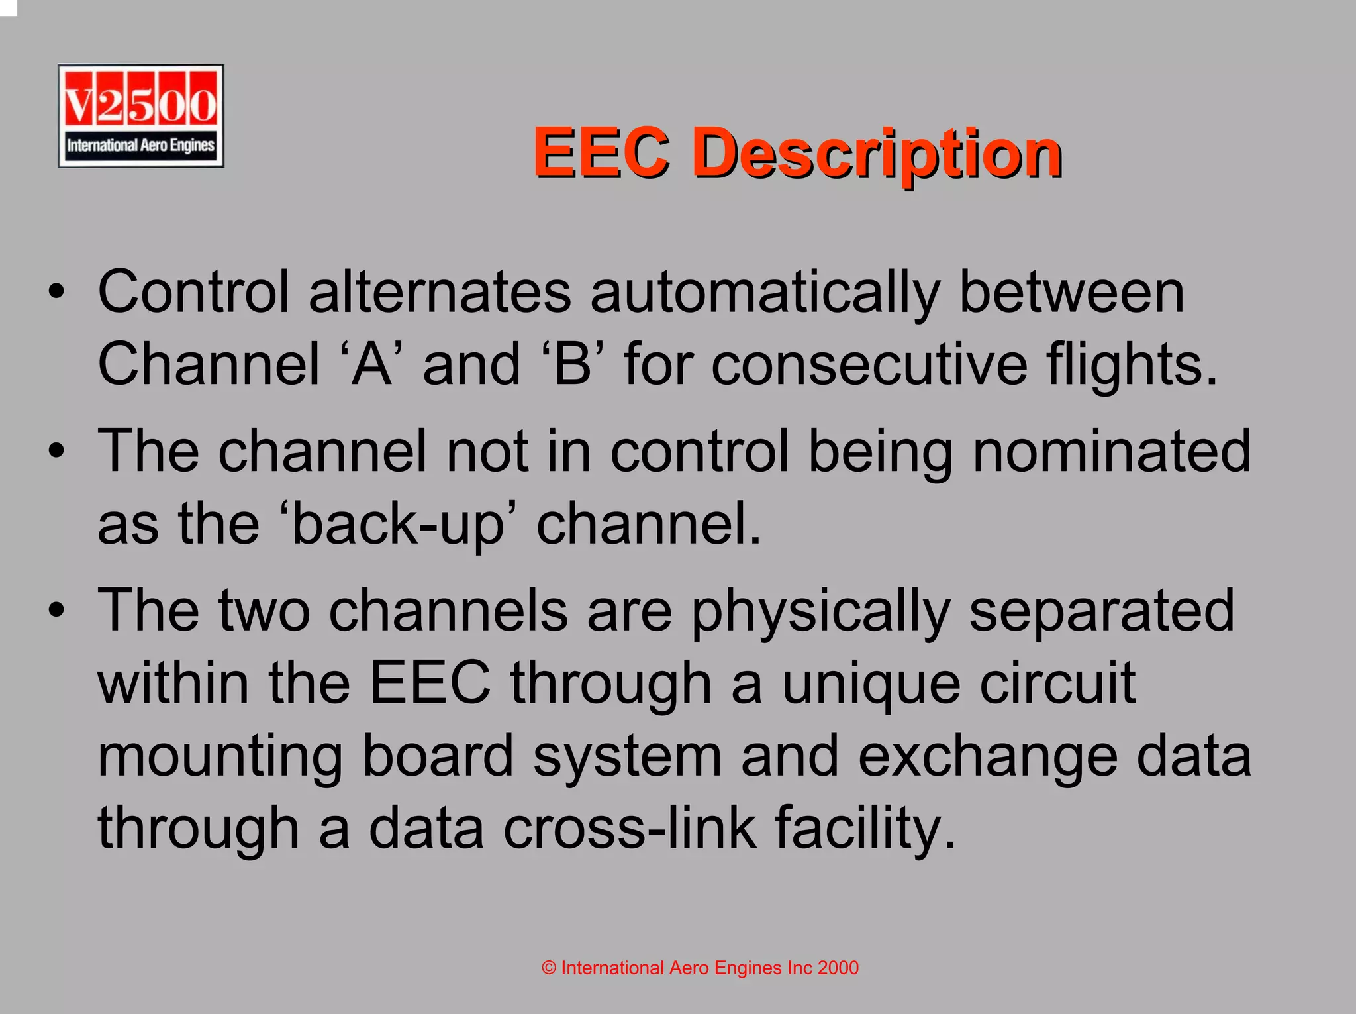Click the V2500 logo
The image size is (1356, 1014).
140,116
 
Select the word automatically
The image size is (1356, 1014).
765,293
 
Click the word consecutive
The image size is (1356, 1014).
869,365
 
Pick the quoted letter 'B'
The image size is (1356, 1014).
573,365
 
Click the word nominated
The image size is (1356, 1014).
1112,452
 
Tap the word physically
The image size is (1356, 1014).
820,611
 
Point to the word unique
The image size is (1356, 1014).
871,685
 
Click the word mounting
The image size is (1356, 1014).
220,758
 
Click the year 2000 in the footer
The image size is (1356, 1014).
838,968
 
